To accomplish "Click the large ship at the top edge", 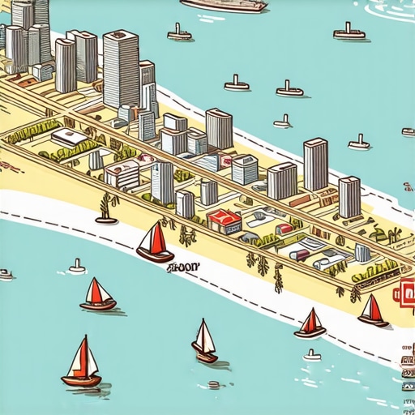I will click(x=225, y=5).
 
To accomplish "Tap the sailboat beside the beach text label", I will click(x=155, y=243).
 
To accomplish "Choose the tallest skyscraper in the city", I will click(x=122, y=69).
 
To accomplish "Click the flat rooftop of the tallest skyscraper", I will click(x=122, y=36).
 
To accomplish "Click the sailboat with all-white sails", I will click(x=203, y=341).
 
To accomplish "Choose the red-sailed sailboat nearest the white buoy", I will click(x=97, y=295).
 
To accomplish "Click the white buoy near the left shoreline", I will click(x=77, y=266).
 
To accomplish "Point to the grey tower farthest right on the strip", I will click(x=349, y=196).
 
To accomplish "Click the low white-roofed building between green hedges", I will click(x=71, y=138).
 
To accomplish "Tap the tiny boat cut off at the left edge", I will click(x=5, y=274).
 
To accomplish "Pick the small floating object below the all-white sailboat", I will click(x=214, y=384).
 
